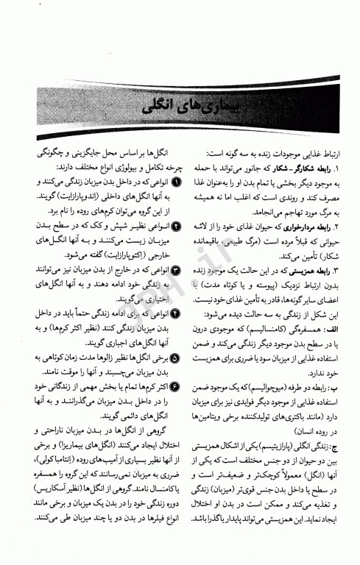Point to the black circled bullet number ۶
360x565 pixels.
coord(174,385)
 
